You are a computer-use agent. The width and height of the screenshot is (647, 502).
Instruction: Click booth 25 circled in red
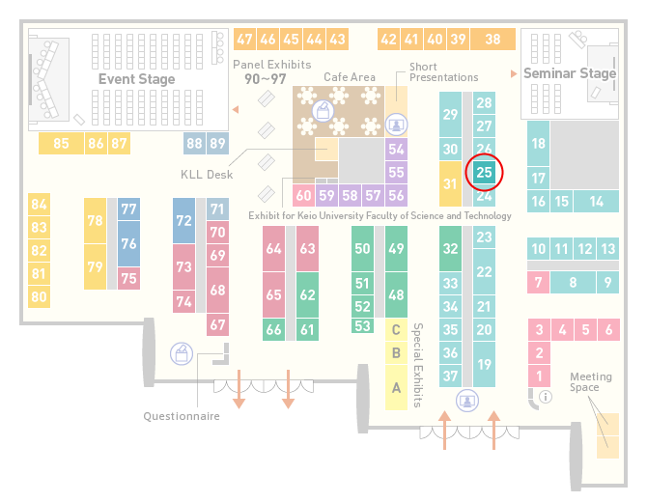[x=484, y=172]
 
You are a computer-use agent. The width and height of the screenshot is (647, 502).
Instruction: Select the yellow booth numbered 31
[x=450, y=183]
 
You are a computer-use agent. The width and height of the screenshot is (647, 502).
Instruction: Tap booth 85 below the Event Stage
[x=61, y=143]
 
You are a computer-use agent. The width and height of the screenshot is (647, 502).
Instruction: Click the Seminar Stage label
[x=570, y=73]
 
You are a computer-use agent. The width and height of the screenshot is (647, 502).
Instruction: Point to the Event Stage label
[x=136, y=79]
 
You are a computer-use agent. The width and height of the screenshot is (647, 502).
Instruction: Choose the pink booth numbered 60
[x=303, y=195]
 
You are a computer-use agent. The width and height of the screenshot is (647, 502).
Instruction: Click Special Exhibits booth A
[x=396, y=387]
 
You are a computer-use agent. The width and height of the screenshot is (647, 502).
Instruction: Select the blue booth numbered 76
[x=128, y=243]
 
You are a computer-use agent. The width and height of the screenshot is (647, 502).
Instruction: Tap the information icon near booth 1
[x=546, y=397]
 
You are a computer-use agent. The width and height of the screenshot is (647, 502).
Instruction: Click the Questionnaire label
[x=182, y=416]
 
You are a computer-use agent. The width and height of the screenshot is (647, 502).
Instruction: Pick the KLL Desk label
[x=207, y=175]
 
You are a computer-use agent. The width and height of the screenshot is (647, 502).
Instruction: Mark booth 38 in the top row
[x=493, y=40]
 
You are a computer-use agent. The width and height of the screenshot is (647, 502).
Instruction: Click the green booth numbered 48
[x=396, y=294]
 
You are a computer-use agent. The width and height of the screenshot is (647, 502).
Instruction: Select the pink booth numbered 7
[x=539, y=283]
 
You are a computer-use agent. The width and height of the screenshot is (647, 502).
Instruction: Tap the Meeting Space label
[x=591, y=382]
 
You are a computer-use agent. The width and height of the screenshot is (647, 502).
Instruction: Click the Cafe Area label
[x=350, y=77]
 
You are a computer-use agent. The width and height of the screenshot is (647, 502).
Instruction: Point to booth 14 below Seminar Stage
[x=596, y=202]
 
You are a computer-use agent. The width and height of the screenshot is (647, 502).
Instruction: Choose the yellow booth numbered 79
[x=95, y=266]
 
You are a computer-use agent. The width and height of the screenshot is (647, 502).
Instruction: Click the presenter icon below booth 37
[x=467, y=401]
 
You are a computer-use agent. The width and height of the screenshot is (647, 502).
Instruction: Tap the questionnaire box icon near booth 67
[x=182, y=354]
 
